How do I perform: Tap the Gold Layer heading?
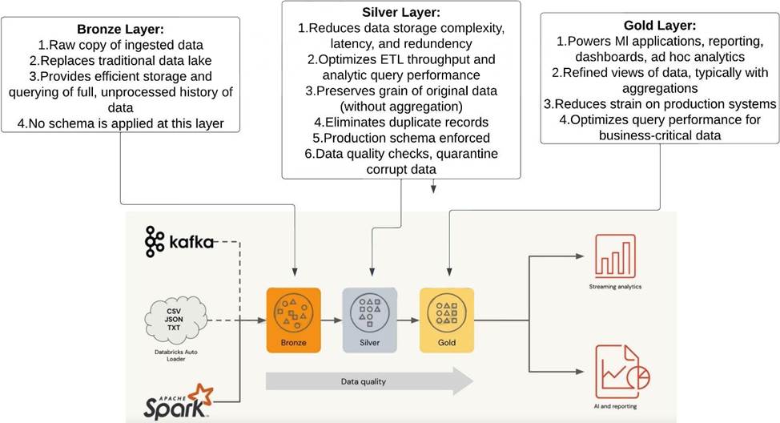(658, 26)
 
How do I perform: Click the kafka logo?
(179, 241)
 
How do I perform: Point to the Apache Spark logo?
(179, 403)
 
